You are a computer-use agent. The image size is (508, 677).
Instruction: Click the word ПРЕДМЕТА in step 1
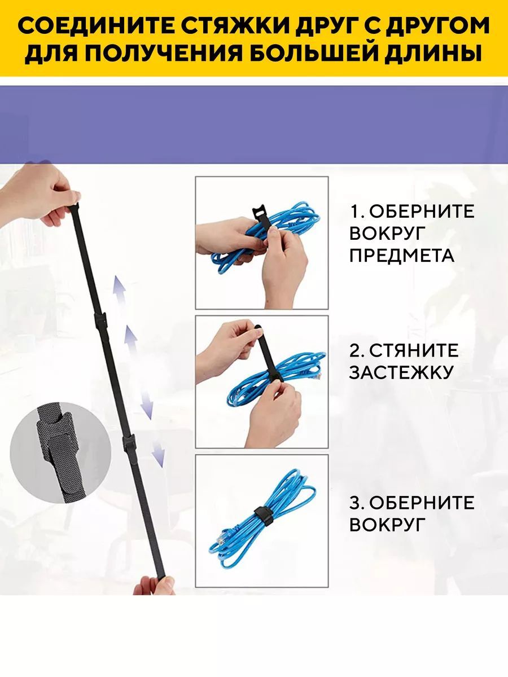(x=401, y=256)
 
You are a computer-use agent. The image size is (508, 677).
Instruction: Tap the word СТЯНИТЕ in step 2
(x=413, y=351)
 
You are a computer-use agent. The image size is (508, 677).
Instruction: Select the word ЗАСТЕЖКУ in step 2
(x=401, y=372)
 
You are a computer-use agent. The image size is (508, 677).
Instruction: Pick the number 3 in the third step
(x=354, y=503)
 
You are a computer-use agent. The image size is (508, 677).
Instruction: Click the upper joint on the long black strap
(x=100, y=321)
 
